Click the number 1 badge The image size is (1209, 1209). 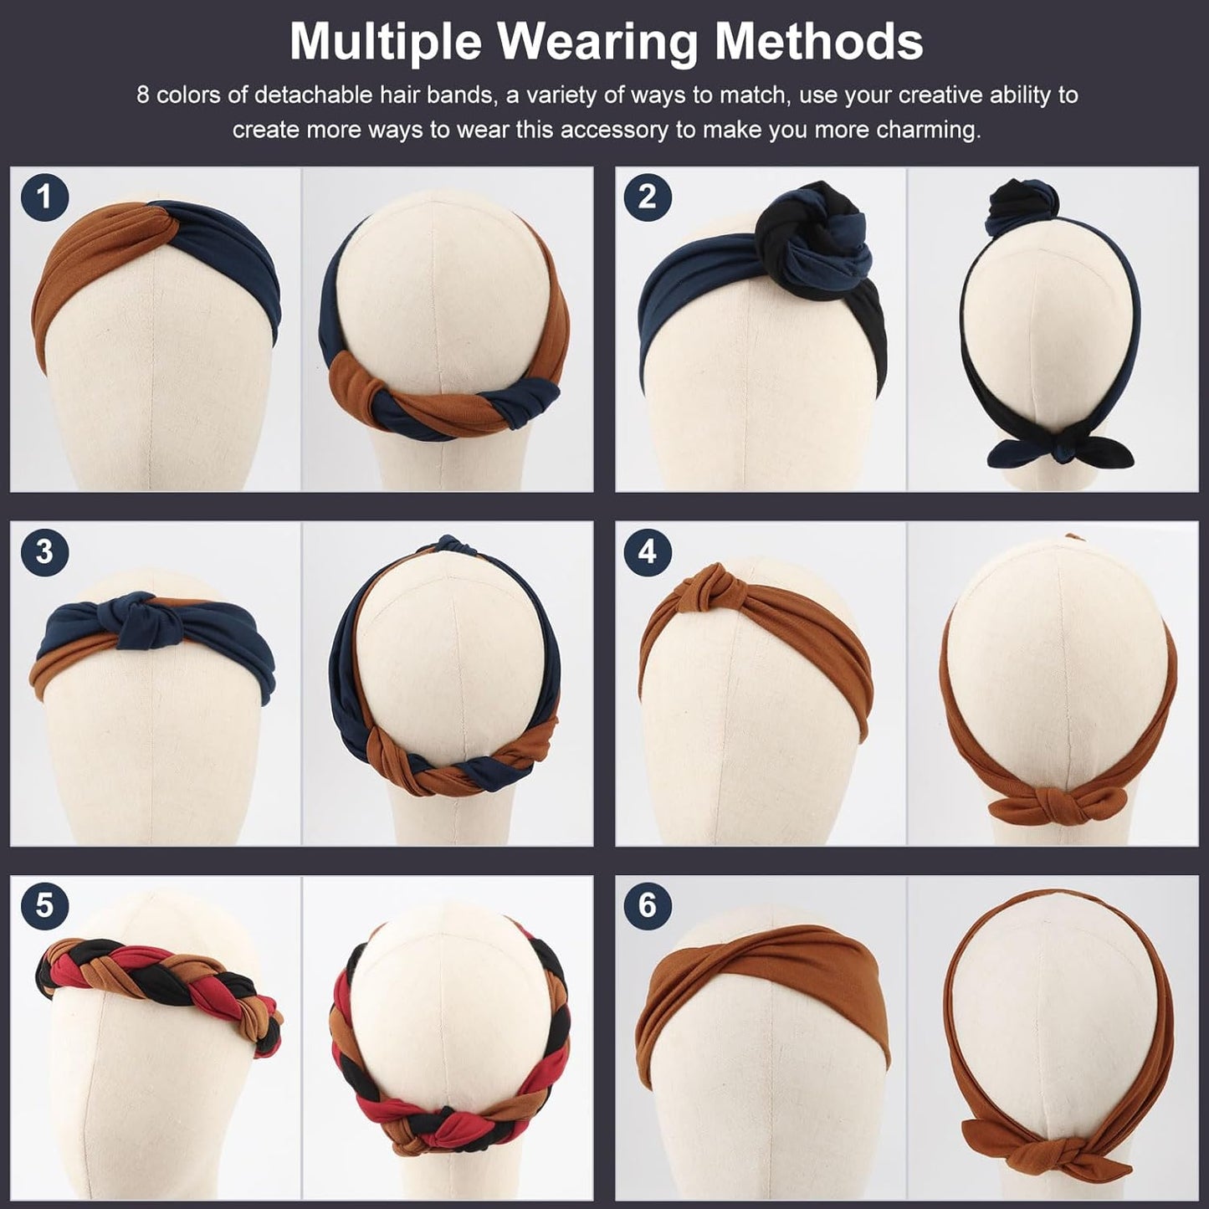[x=44, y=197]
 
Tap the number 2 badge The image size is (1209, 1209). [x=647, y=197]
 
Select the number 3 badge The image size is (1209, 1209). [x=44, y=551]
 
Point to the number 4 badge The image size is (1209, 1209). [x=647, y=551]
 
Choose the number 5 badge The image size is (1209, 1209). [x=44, y=905]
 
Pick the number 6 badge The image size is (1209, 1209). [x=647, y=905]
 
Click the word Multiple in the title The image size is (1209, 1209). [x=396, y=42]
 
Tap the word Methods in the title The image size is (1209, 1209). [x=819, y=42]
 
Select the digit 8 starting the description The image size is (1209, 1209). [x=143, y=95]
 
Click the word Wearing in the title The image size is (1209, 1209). [x=604, y=42]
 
